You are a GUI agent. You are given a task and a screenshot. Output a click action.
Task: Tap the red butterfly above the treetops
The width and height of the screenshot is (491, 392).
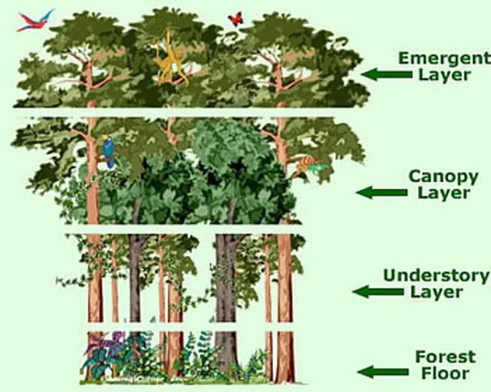pyautogui.click(x=235, y=18)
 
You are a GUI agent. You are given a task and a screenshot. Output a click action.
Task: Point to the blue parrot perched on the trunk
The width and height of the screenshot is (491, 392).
pyautogui.click(x=108, y=150)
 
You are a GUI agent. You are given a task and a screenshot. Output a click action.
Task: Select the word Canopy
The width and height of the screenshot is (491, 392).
pyautogui.click(x=444, y=177)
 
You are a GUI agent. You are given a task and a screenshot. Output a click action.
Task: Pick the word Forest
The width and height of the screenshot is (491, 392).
pyautogui.click(x=446, y=356)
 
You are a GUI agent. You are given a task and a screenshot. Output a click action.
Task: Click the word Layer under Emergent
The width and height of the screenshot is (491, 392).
pyautogui.click(x=444, y=74)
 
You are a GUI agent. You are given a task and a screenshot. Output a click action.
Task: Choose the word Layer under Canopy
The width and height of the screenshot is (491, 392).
pyautogui.click(x=444, y=194)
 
